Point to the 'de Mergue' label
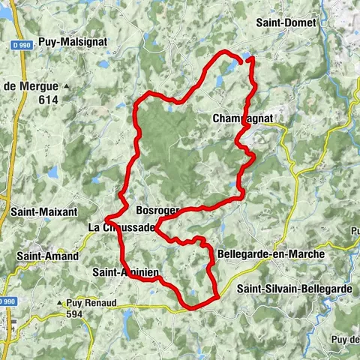[x=31, y=86]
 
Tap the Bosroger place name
[x=157, y=209]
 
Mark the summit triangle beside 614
[x=67, y=87]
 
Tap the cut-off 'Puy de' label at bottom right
[x=345, y=339]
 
